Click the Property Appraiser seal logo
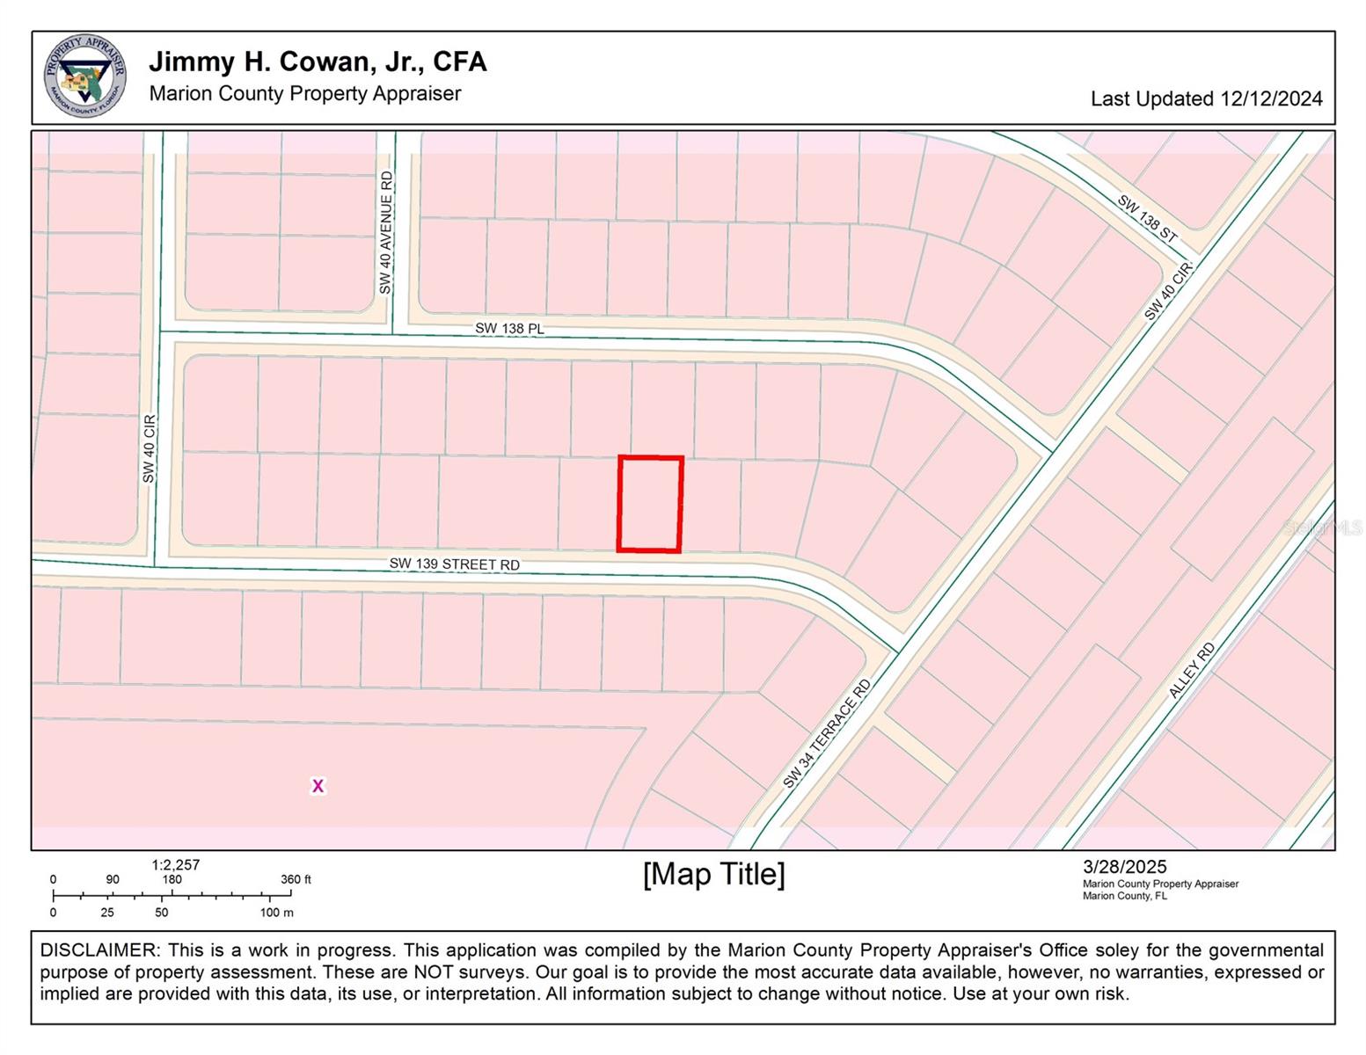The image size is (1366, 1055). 84,76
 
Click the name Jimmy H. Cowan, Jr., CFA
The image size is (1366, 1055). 318,62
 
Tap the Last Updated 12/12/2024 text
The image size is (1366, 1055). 1206,98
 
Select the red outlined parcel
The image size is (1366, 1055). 650,504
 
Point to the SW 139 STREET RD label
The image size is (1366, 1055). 455,564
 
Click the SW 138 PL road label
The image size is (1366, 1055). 509,328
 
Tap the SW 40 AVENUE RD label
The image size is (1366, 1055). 386,233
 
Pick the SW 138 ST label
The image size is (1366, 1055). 1147,218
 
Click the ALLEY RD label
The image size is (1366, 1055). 1192,670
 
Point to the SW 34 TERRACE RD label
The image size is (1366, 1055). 826,733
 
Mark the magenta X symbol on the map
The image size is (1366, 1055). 318,786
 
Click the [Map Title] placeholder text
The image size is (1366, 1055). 713,874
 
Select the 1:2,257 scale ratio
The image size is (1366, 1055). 176,865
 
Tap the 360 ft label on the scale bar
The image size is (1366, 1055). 296,879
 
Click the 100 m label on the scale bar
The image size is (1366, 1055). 276,913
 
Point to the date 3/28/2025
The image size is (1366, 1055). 1124,867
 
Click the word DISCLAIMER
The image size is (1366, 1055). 99,950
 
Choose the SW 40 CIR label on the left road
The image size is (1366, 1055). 149,448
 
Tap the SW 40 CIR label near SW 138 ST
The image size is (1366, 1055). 1168,290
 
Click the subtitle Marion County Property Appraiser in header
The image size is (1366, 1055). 305,93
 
